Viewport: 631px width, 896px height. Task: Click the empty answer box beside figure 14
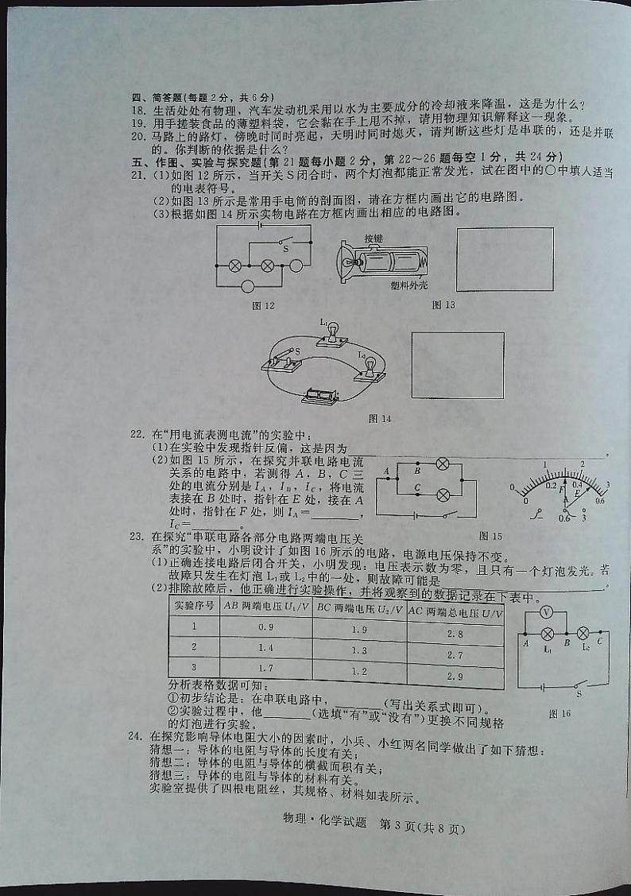pyautogui.click(x=458, y=365)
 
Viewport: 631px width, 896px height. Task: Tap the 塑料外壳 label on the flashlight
pyautogui.click(x=407, y=285)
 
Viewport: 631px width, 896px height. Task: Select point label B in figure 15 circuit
pyautogui.click(x=417, y=470)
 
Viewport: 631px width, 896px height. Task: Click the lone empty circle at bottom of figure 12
pyautogui.click(x=248, y=286)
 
